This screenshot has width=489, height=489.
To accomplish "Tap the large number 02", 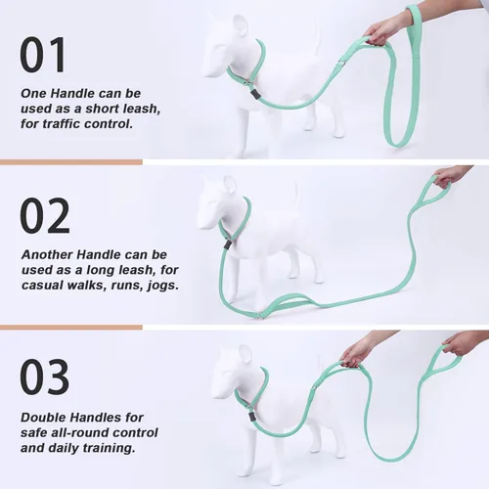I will coord(45,216).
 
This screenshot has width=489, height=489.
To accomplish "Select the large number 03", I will coord(45,378).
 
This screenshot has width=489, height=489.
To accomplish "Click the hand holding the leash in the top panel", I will coord(387,29).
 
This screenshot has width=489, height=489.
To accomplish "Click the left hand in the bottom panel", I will coord(358,349).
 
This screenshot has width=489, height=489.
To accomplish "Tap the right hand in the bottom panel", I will coord(462,342).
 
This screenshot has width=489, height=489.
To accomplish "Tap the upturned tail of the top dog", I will coord(315,39).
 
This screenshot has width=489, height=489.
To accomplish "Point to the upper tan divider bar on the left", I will coord(70,162).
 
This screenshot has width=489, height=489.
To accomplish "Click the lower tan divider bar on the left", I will coord(70,328).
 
